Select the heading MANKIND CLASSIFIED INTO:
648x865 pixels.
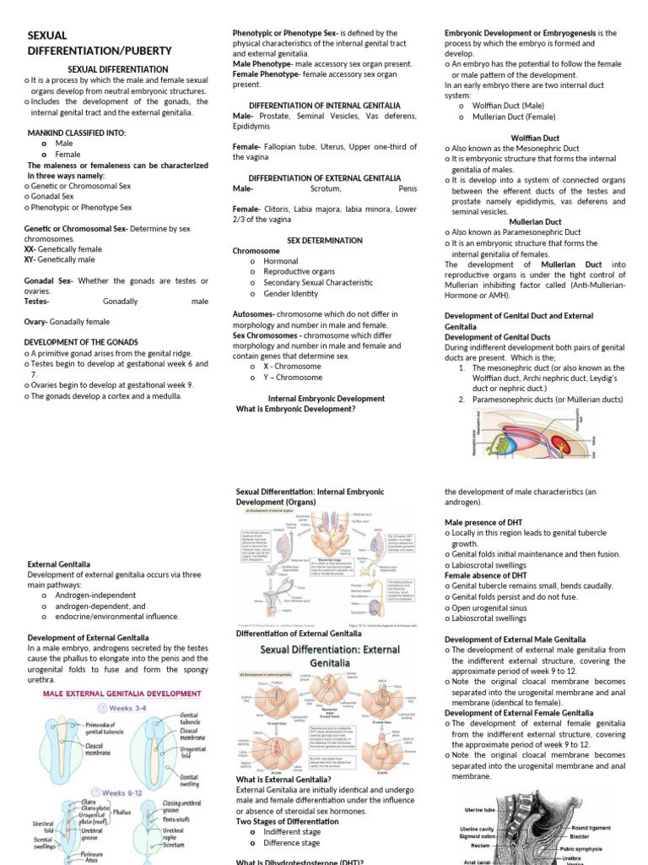point(77,133)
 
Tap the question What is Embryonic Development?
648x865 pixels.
point(295,409)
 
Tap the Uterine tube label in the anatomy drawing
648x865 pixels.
point(484,810)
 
